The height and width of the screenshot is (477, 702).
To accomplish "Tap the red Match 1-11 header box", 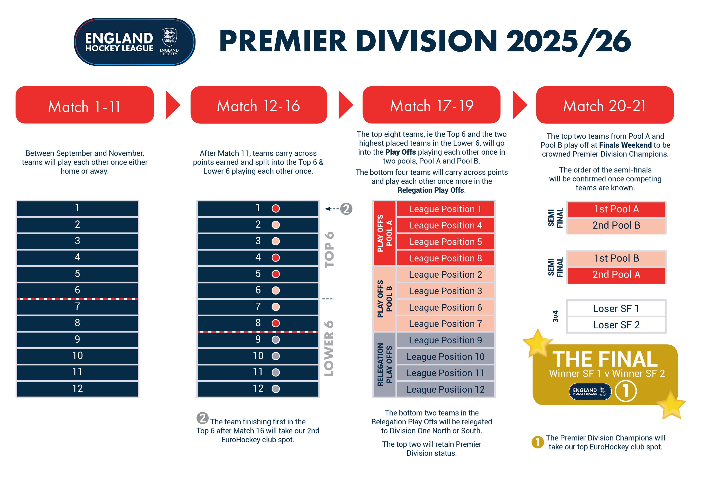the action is tap(85, 105).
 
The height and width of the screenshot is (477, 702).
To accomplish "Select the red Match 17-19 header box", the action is tap(431, 105).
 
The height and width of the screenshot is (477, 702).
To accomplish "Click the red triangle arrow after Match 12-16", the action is tap(346, 105).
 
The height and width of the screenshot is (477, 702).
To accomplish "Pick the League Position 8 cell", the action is tap(445, 258).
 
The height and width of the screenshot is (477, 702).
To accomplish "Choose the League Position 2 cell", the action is tap(445, 275).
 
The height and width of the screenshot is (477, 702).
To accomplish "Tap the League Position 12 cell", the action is tap(445, 389).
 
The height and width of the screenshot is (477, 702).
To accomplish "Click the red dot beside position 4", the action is tap(276, 258).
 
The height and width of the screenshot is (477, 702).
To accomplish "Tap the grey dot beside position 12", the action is tap(276, 389).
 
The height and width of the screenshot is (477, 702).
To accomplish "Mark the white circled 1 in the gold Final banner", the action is tap(626, 391).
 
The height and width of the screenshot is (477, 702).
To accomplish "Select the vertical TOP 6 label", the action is tap(329, 250).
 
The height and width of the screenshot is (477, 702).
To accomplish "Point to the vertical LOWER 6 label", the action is tap(329, 348).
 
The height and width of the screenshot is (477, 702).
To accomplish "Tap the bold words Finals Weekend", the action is tap(625, 145).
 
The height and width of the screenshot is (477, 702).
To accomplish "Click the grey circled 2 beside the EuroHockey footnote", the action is tap(202, 418).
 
